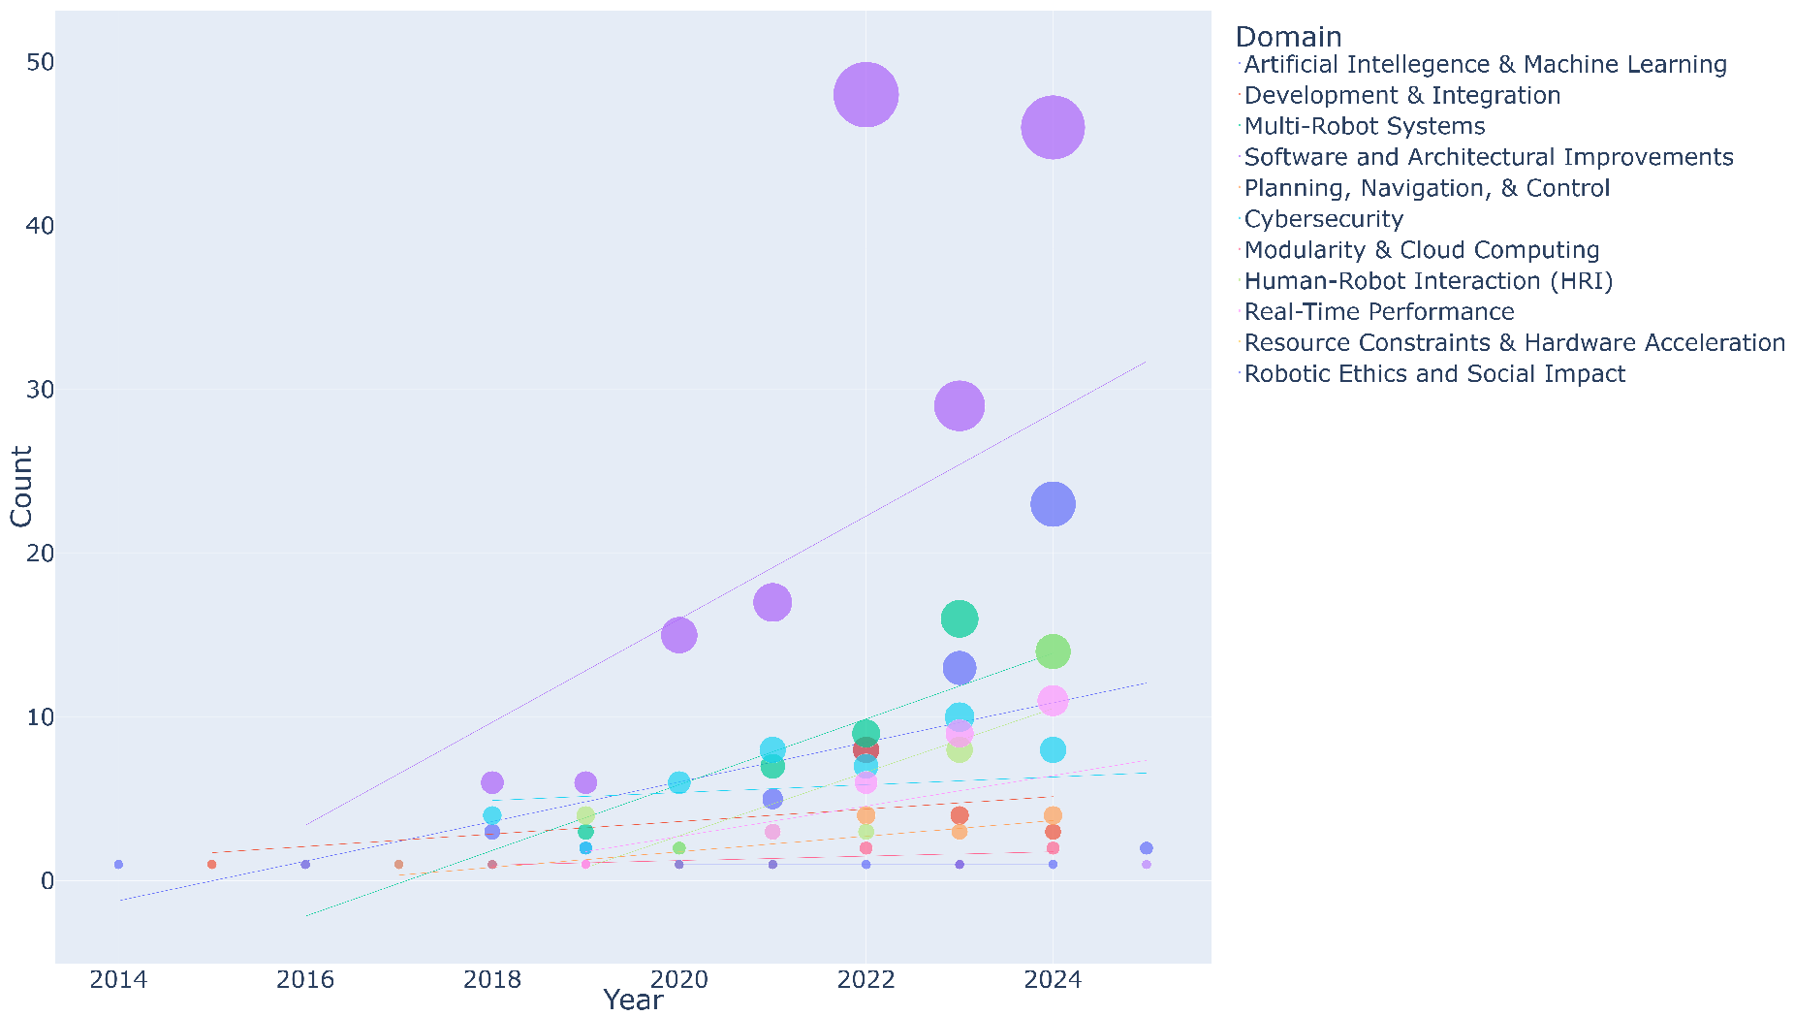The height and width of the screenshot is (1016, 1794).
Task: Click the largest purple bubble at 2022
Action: tap(866, 95)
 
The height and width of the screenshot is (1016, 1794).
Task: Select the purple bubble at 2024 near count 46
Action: tap(1053, 127)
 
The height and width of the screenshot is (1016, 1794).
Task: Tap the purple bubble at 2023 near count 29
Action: tap(960, 405)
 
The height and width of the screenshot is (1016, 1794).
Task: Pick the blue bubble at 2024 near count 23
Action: tap(1053, 504)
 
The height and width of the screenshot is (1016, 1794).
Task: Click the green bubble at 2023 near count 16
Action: tap(960, 619)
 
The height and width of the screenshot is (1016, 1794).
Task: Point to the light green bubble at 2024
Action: tap(1053, 651)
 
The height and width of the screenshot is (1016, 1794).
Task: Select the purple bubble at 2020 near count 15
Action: tap(678, 635)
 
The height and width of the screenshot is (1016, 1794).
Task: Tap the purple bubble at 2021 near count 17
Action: tap(772, 602)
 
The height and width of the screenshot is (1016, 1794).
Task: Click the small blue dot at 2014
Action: tap(118, 864)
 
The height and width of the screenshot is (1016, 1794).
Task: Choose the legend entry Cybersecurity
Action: tap(1323, 219)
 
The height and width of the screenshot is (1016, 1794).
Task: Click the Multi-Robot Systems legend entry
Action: tap(1364, 126)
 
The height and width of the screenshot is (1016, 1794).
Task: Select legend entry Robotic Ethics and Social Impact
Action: tap(1434, 374)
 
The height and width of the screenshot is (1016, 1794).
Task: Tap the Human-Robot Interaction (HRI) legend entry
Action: tap(1428, 281)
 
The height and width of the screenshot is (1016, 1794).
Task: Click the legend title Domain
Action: tap(1288, 37)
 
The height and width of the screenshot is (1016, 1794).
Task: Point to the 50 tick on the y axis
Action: tap(40, 62)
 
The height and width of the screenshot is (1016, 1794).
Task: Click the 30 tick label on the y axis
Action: tap(40, 390)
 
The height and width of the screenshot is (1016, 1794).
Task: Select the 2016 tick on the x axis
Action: tap(305, 980)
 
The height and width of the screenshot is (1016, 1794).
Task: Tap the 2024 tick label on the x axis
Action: tap(1053, 980)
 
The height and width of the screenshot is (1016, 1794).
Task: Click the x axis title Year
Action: tap(633, 1000)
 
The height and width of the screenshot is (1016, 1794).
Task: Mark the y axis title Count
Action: tap(21, 487)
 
